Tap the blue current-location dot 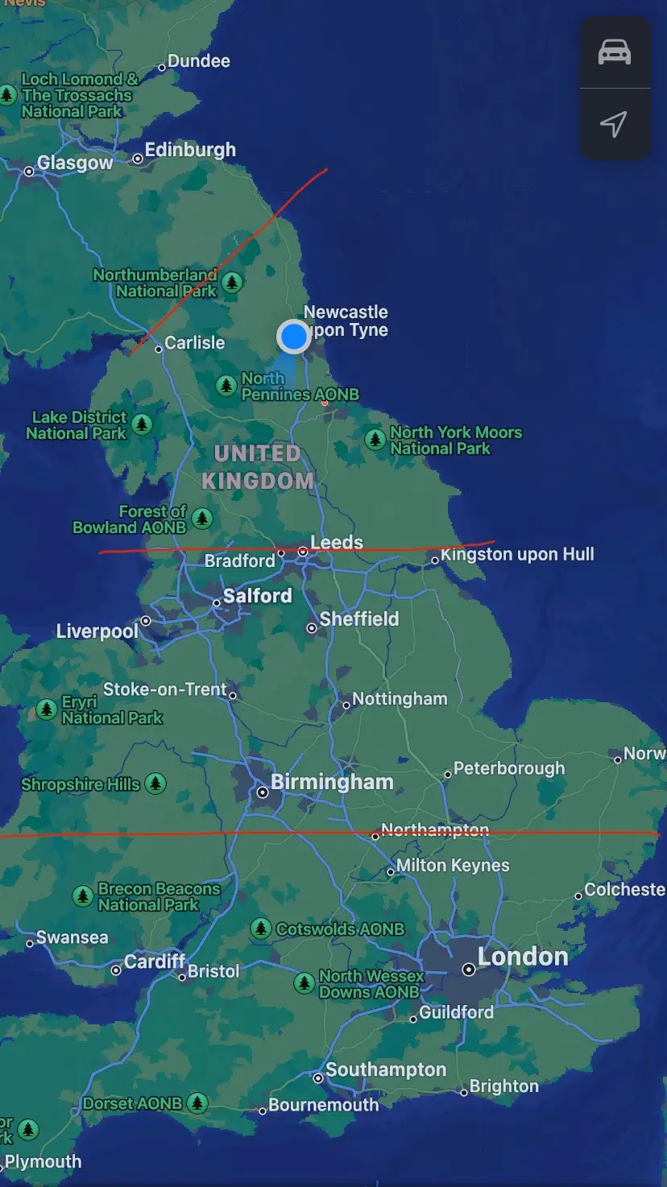click(293, 336)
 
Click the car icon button click(615, 52)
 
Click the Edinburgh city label click(190, 150)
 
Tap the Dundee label click(198, 61)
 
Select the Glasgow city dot click(29, 171)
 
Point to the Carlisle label click(194, 342)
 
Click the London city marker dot click(468, 970)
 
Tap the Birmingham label click(332, 782)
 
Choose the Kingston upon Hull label click(517, 554)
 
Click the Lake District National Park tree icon click(142, 424)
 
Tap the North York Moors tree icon click(375, 440)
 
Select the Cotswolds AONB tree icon click(260, 929)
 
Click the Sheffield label click(359, 618)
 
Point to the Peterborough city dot click(448, 775)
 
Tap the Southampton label click(385, 1069)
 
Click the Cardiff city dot click(116, 970)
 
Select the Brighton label click(503, 1086)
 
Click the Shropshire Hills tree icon click(155, 783)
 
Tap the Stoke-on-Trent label click(164, 689)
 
